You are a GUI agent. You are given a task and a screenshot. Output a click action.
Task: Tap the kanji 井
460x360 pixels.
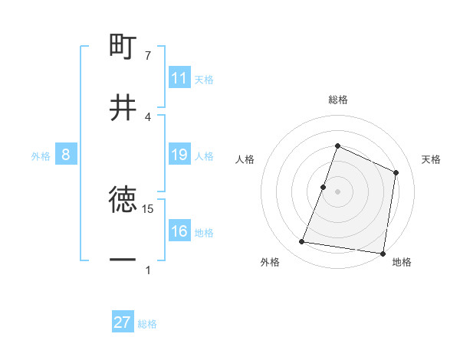123,107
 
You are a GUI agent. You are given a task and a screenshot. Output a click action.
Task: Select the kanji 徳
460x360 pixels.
123,200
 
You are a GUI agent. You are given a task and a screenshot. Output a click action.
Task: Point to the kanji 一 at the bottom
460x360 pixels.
123,260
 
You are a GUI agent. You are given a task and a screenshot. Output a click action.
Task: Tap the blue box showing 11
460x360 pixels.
179,78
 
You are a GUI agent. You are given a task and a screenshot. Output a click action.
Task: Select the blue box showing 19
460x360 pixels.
179,155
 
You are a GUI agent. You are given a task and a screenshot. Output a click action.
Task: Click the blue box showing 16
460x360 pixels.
179,231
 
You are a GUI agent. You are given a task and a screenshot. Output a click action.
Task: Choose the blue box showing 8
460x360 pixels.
66,155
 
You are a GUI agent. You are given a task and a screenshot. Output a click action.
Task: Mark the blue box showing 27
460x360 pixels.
123,322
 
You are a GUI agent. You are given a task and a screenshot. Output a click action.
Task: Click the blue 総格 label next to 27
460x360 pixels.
147,323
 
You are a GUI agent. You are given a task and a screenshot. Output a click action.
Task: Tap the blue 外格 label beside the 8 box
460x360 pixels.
41,155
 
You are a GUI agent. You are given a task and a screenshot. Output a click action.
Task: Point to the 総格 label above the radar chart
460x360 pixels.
337,100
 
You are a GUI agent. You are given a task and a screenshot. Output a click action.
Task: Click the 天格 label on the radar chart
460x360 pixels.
431,159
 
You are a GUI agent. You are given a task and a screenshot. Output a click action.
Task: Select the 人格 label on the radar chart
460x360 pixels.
245,159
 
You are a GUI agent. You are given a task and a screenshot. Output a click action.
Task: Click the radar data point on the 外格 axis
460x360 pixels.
302,242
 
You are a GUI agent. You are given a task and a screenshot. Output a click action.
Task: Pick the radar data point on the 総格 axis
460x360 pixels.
337,146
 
